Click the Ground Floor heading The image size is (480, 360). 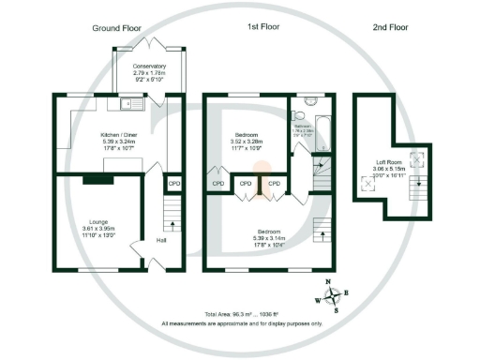coord(116,28)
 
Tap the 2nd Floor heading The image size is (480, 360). coord(389,28)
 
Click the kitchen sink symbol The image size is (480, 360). coord(128,102)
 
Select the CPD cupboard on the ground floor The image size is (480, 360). coord(173,184)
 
